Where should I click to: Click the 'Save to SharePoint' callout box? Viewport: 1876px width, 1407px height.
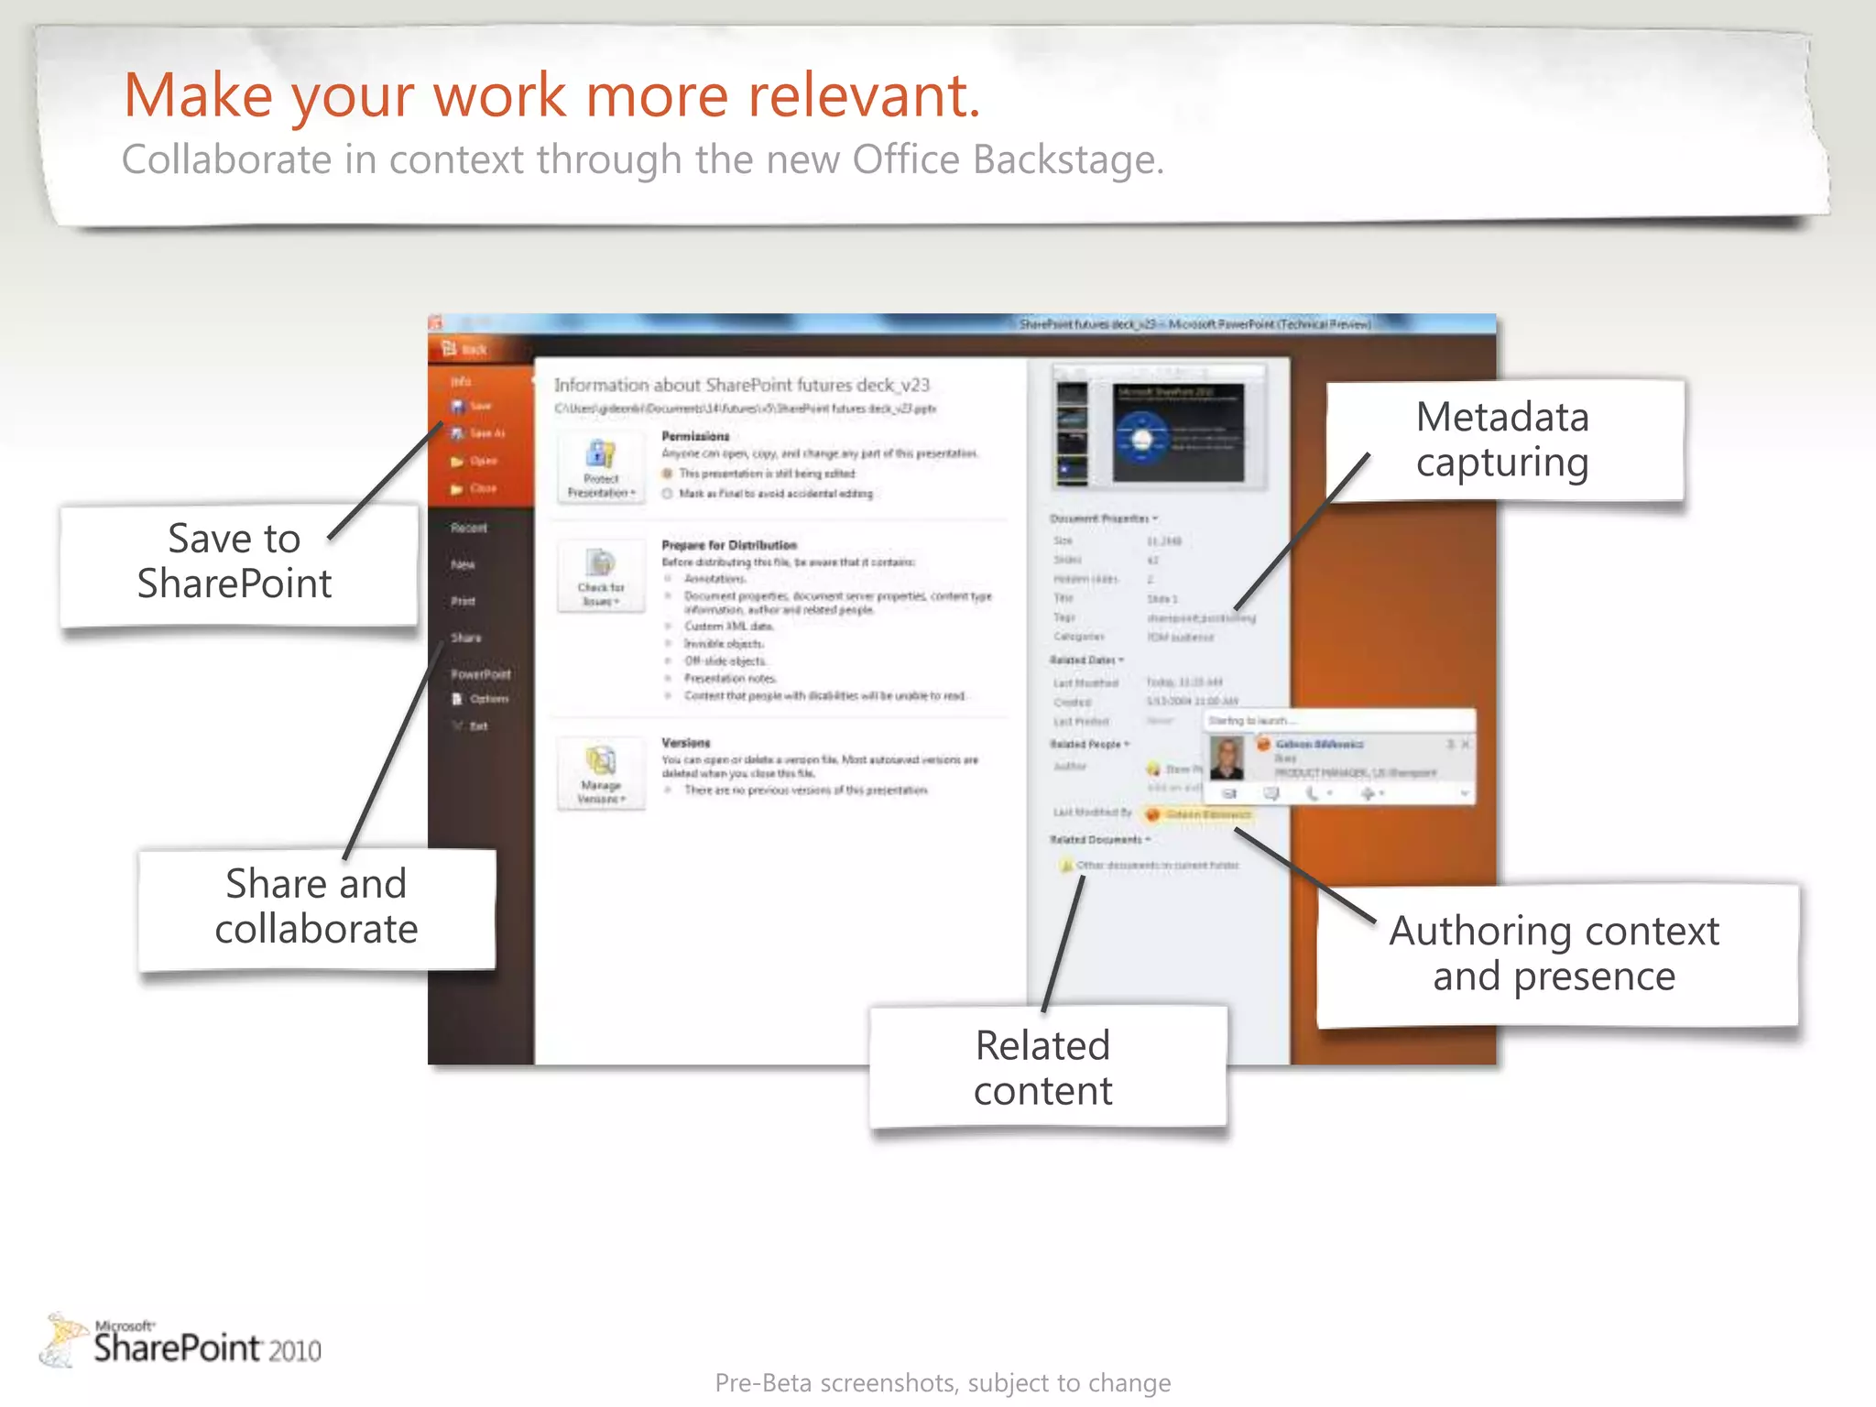[x=236, y=563]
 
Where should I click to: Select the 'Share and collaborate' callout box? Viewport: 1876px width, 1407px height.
[x=317, y=907]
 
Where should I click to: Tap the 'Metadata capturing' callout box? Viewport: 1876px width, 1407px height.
[x=1503, y=440]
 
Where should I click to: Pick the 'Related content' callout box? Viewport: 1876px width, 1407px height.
[x=1044, y=1067]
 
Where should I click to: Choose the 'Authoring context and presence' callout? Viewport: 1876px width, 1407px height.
[x=1555, y=954]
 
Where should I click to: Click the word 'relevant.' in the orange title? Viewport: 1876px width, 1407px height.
[x=865, y=95]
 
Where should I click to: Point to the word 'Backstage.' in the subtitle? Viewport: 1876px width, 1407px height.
[x=1068, y=160]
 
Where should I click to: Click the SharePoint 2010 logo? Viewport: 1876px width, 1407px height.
[x=183, y=1342]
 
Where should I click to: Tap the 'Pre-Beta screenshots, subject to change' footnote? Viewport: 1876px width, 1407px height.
[x=943, y=1382]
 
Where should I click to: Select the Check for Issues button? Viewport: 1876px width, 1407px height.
[x=601, y=576]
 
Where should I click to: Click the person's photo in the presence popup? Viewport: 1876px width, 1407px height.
[x=1227, y=758]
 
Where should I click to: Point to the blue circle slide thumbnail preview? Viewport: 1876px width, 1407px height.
[x=1178, y=434]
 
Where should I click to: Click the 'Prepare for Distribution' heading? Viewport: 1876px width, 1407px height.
[x=729, y=545]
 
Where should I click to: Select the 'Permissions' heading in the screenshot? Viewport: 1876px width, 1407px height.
[x=696, y=436]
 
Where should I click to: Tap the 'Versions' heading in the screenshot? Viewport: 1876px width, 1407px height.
[x=686, y=743]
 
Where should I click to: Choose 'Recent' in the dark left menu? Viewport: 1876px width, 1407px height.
[x=469, y=528]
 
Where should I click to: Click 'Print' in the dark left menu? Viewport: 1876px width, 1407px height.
[x=464, y=601]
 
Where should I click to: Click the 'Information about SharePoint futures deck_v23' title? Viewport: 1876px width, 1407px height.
[x=742, y=385]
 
